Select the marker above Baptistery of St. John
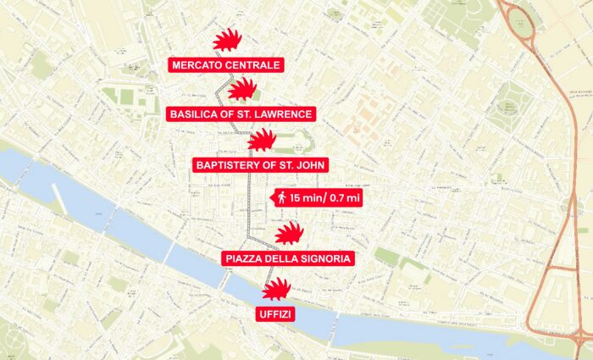click(x=262, y=140)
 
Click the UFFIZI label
click(x=275, y=315)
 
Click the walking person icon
click(x=280, y=197)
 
